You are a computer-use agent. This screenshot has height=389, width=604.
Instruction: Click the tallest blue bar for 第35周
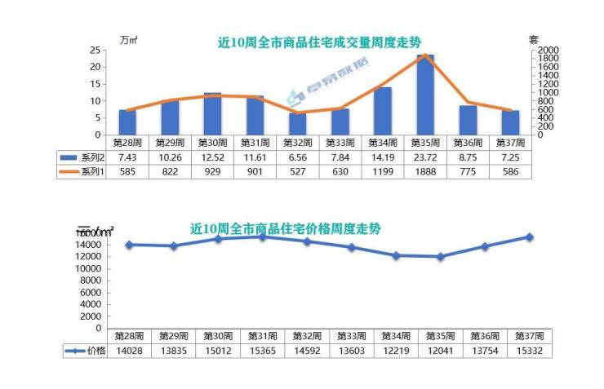pyautogui.click(x=425, y=95)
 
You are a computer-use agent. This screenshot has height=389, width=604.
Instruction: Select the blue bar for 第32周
pyautogui.click(x=298, y=124)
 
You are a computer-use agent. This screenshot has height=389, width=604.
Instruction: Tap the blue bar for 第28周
pyautogui.click(x=127, y=122)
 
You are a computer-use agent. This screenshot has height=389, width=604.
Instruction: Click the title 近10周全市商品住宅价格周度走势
pyautogui.click(x=286, y=229)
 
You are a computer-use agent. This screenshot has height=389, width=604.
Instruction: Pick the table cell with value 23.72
pyautogui.click(x=425, y=157)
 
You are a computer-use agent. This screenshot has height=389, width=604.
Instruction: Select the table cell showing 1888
pyautogui.click(x=425, y=171)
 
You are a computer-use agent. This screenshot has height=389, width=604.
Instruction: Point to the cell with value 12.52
pyautogui.click(x=213, y=157)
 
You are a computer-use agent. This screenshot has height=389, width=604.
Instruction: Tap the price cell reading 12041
pyautogui.click(x=441, y=351)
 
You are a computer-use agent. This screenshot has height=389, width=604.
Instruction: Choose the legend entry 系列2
pyautogui.click(x=82, y=157)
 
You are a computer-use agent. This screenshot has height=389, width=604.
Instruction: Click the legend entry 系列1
pyautogui.click(x=82, y=171)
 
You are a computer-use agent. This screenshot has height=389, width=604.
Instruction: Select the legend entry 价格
pyautogui.click(x=86, y=351)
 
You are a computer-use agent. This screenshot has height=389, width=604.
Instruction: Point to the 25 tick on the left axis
pyautogui.click(x=95, y=50)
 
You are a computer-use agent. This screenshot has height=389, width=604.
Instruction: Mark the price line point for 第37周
pyautogui.click(x=530, y=237)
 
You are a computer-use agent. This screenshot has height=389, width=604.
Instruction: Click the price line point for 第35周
pyautogui.click(x=441, y=256)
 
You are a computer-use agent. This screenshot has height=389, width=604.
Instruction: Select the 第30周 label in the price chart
pyautogui.click(x=218, y=336)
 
